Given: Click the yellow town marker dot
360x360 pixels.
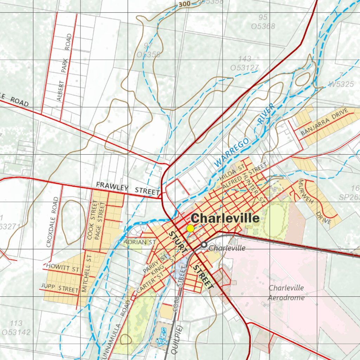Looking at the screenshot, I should click(190, 229).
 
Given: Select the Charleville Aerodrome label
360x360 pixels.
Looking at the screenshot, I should click(286, 292).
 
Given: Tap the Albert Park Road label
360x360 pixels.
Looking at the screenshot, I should click(65, 67).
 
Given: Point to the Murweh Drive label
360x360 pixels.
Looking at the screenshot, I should click(314, 202).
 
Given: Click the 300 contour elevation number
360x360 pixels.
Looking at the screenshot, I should click(185, 4).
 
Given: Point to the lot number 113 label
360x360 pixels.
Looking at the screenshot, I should click(16, 323).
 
